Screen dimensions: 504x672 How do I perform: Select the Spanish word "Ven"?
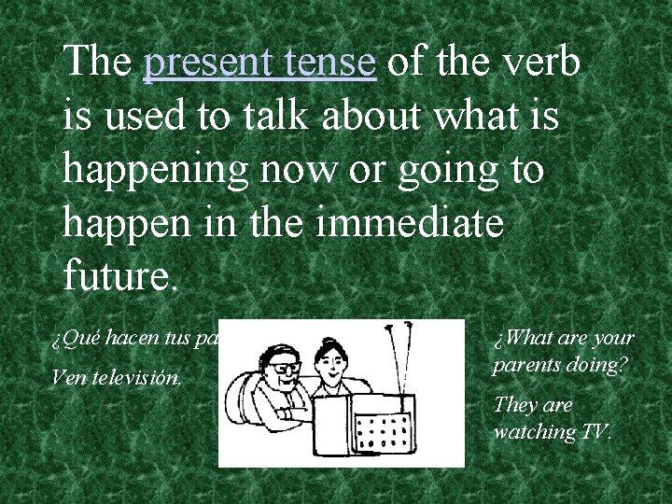point(67,380)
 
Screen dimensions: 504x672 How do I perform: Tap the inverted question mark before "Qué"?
point(55,340)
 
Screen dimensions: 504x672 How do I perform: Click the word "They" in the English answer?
point(513,405)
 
